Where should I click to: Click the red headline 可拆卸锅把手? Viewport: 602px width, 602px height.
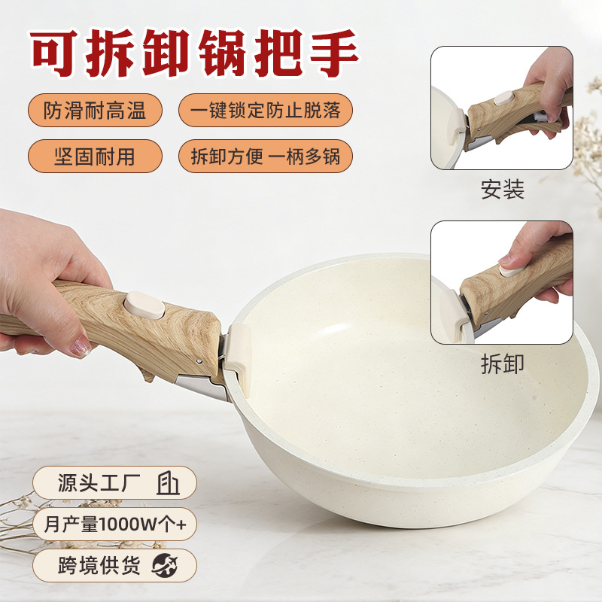pos(194,53)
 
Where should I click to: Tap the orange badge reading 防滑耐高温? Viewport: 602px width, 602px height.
pos(96,111)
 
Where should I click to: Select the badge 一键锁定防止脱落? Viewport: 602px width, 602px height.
pos(266,111)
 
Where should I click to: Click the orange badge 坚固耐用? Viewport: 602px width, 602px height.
pos(96,157)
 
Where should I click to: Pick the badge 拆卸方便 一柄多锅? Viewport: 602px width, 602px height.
pos(266,157)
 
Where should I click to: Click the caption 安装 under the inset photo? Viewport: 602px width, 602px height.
pos(502,190)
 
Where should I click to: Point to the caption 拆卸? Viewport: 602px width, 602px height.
pos(502,363)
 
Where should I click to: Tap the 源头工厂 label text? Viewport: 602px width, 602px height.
pos(99,482)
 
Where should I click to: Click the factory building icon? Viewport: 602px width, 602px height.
pos(168,482)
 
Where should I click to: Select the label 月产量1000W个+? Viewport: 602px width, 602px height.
pos(115,524)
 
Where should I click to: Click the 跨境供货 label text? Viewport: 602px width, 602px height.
pos(99,566)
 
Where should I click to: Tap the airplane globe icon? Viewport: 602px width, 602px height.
pos(165,566)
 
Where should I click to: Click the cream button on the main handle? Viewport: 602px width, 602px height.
pos(144,306)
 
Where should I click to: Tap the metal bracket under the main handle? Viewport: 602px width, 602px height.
pos(200,387)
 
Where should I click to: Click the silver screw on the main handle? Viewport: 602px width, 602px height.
pos(199,361)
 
